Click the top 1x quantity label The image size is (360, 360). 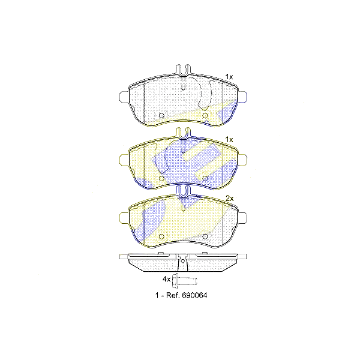pyautogui.click(x=229, y=76)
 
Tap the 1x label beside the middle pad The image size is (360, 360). pyautogui.click(x=229, y=139)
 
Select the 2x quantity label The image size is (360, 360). pyautogui.click(x=229, y=197)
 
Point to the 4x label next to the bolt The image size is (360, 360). pyautogui.click(x=166, y=280)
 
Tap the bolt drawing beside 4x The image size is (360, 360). pyautogui.click(x=184, y=280)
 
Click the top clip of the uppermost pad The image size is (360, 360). pyautogui.click(x=183, y=70)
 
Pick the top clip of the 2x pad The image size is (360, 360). pyautogui.click(x=183, y=191)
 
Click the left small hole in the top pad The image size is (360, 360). pyautogui.click(x=161, y=115)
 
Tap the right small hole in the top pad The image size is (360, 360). pyautogui.click(x=205, y=115)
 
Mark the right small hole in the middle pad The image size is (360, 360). pyautogui.click(x=205, y=178)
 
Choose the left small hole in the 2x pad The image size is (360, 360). pyautogui.click(x=161, y=236)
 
